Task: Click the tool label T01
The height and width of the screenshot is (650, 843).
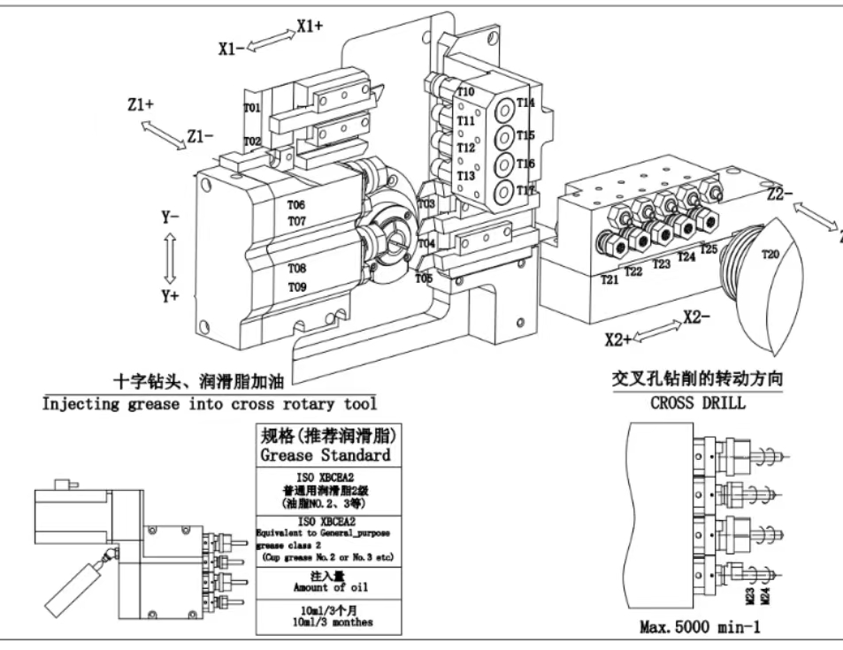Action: click(x=252, y=109)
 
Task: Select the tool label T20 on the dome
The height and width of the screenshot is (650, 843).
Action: click(x=771, y=255)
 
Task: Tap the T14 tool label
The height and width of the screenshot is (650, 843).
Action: click(x=526, y=103)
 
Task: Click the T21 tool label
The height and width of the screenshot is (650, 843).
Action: click(x=609, y=279)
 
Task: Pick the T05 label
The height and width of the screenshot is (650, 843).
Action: click(x=425, y=279)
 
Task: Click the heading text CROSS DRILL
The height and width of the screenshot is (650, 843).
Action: click(x=698, y=403)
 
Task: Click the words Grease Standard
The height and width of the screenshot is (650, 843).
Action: click(x=325, y=455)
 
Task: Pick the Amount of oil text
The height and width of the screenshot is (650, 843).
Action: click(x=325, y=587)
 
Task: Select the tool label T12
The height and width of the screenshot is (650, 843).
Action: click(x=466, y=148)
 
